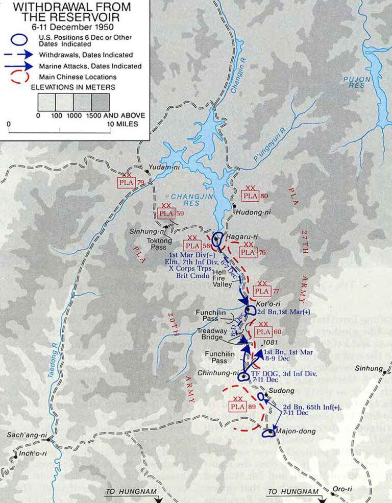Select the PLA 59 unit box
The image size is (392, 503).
click(166, 213)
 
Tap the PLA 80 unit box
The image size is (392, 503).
click(250, 195)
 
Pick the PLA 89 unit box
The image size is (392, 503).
click(237, 406)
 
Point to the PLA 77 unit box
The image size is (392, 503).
click(261, 291)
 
